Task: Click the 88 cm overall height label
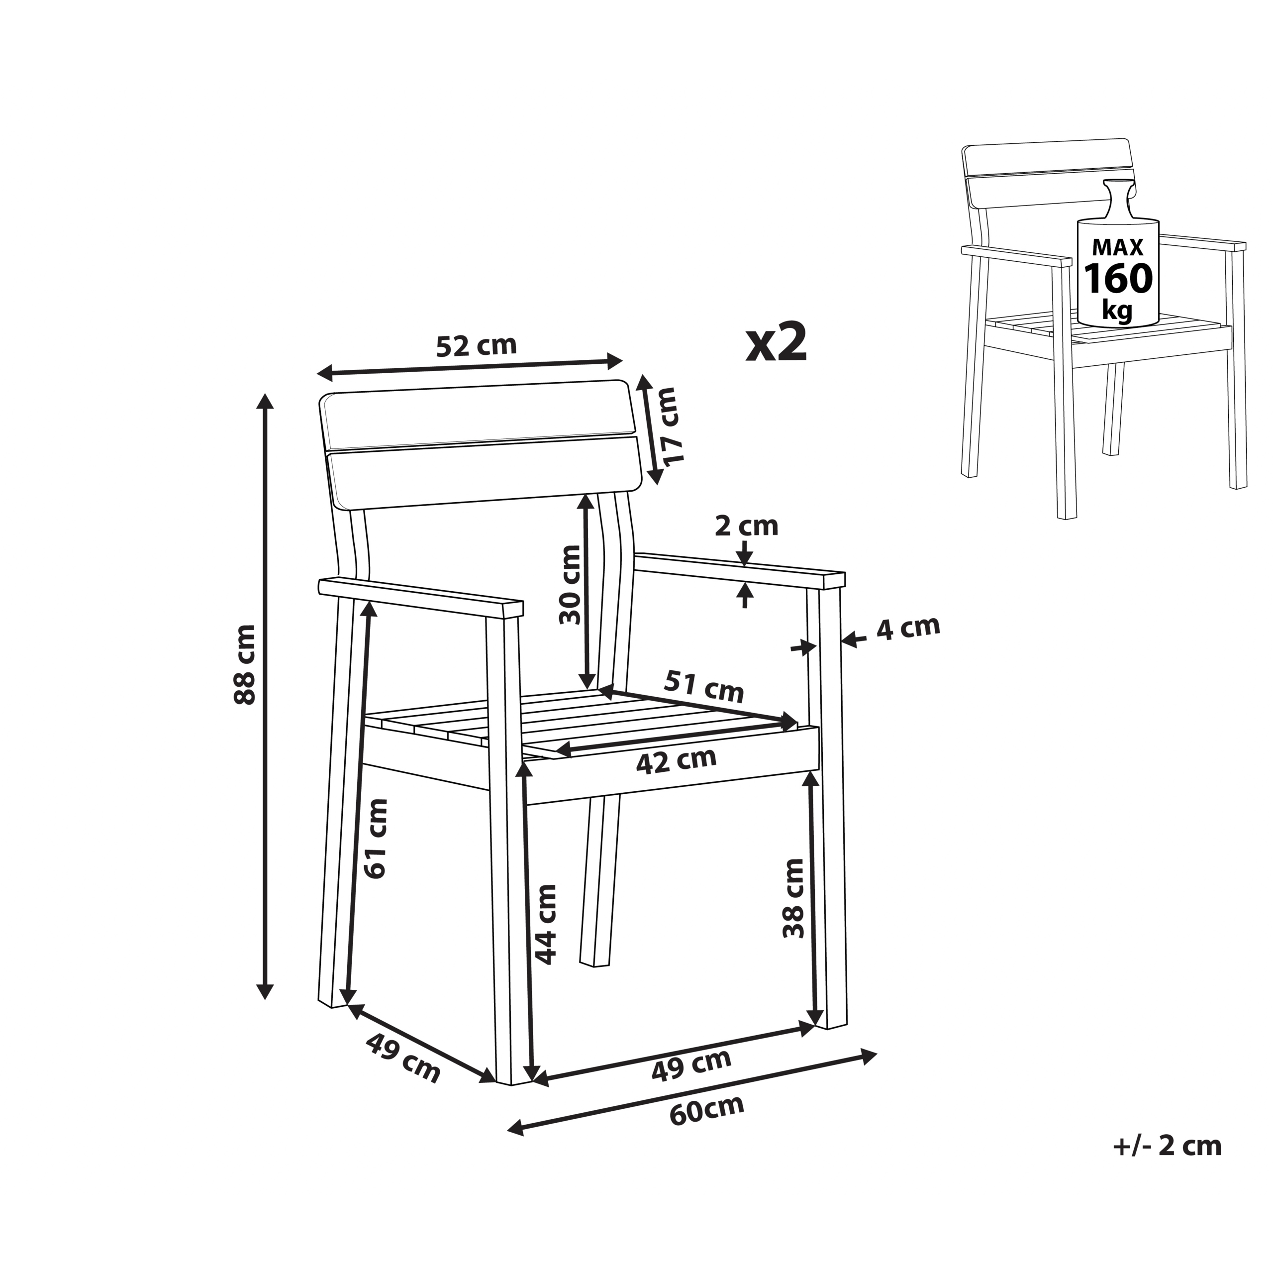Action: [245, 665]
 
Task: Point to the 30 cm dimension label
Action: [570, 585]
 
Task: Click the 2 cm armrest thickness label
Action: [746, 526]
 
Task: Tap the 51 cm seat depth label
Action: [703, 686]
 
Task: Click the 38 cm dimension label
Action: [794, 898]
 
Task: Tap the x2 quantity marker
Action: [777, 342]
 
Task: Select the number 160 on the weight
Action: [1119, 278]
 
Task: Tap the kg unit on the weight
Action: [1117, 309]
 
